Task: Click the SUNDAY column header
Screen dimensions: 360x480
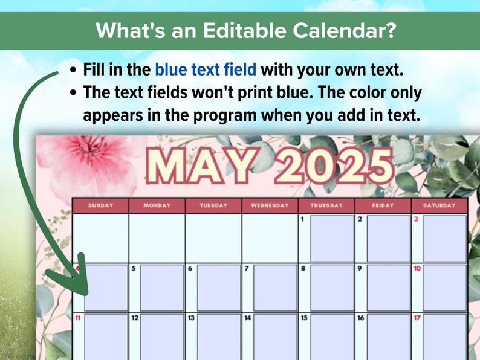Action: point(100,205)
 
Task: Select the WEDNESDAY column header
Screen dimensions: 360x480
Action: point(270,205)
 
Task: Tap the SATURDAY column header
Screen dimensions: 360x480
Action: point(439,205)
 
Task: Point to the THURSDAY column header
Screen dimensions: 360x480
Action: point(326,205)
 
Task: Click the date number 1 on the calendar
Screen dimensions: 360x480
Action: point(302,219)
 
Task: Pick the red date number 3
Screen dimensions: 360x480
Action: point(416,219)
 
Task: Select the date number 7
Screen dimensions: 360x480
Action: point(247,268)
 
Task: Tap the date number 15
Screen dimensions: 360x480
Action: point(304,317)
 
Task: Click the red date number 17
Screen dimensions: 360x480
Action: point(417,317)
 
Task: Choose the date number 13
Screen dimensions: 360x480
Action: point(191,317)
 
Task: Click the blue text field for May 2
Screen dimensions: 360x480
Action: point(388,238)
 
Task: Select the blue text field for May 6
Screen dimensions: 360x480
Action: point(218,288)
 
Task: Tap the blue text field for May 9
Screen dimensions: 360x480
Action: point(388,288)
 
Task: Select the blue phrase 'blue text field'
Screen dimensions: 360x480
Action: point(205,69)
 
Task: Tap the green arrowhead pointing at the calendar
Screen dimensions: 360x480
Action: point(68,284)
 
